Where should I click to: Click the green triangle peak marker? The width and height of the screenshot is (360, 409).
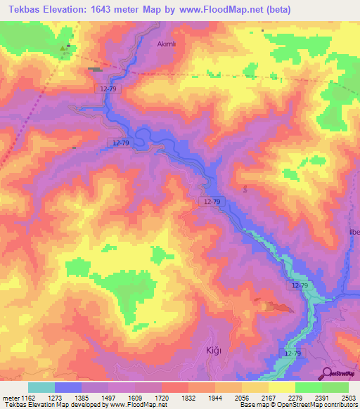[65, 48]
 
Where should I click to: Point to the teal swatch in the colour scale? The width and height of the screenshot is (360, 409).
[41, 387]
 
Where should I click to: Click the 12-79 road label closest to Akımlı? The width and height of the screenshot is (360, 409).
[109, 89]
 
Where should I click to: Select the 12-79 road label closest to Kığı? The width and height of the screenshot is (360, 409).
[293, 351]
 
